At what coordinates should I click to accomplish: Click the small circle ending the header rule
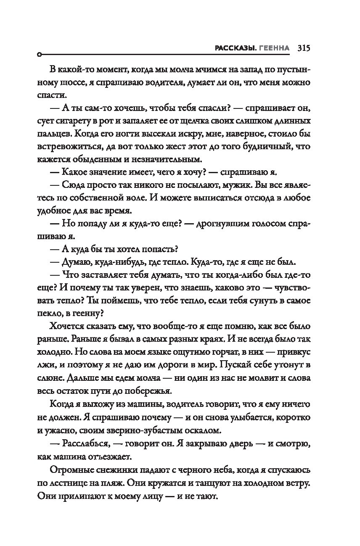pos(39,55)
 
